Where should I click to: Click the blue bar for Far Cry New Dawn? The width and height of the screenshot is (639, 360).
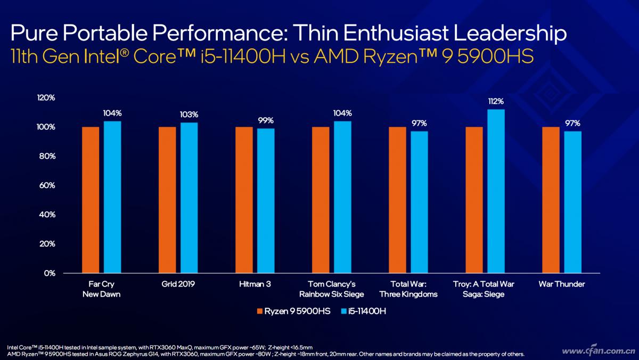[x=112, y=197]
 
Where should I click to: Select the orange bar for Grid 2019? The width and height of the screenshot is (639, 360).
[x=167, y=200]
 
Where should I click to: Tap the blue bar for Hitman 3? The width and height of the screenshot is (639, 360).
[x=266, y=201]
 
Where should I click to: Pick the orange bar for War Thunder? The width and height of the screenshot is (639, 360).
[x=551, y=200]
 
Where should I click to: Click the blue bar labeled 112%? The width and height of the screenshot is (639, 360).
[x=496, y=191]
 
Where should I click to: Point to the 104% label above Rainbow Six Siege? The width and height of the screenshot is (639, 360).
[x=342, y=113]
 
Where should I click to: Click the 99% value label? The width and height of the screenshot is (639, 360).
[x=266, y=120]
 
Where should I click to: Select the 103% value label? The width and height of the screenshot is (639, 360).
[x=189, y=114]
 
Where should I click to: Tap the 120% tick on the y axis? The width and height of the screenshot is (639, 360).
[x=46, y=98]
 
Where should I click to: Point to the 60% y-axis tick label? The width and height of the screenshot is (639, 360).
[x=47, y=185]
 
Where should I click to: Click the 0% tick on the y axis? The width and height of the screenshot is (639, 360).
[x=49, y=273]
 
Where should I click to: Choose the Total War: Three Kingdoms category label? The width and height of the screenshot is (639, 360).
[x=408, y=289]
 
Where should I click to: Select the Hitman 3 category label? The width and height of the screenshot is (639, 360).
[x=255, y=284]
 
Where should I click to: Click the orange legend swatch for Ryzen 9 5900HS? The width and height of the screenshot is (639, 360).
[x=260, y=311]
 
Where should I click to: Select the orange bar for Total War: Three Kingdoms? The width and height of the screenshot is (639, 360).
[x=397, y=200]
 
